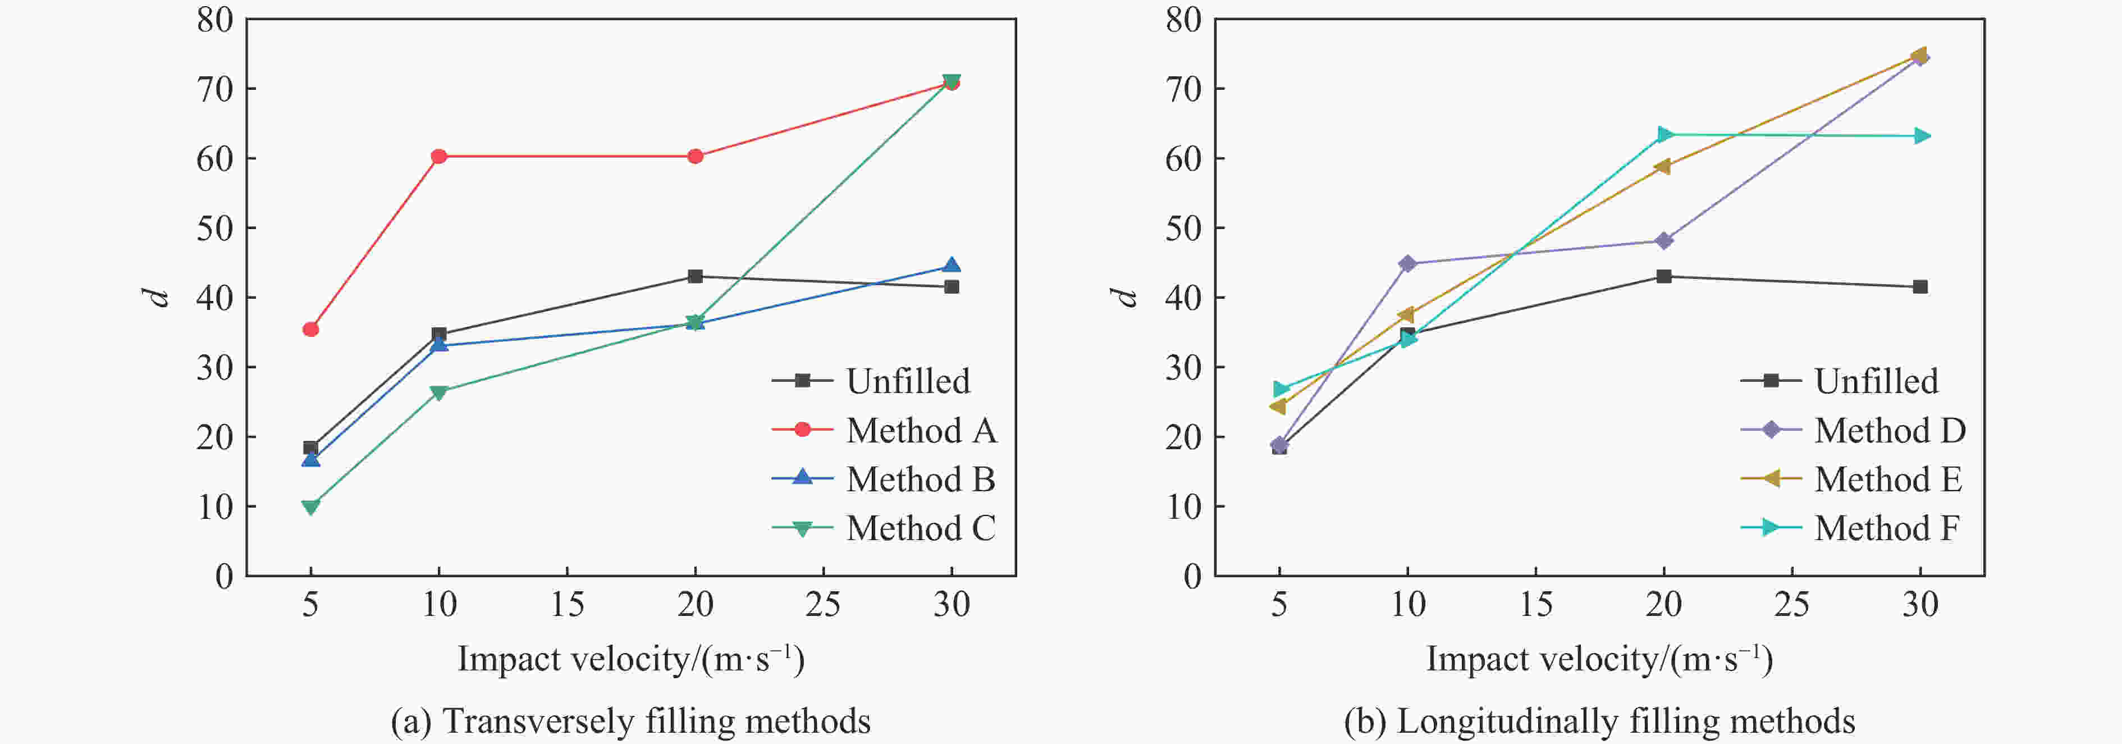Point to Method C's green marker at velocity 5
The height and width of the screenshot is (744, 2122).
click(x=310, y=506)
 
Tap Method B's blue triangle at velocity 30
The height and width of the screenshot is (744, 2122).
click(x=952, y=265)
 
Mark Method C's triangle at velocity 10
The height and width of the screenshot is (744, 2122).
click(x=439, y=392)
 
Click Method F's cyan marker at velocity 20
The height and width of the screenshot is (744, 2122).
click(x=1664, y=134)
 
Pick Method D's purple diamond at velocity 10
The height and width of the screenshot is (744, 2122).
click(x=1408, y=264)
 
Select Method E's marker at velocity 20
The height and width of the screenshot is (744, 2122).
click(x=1663, y=166)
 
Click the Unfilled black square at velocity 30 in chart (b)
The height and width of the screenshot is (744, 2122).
click(x=1920, y=287)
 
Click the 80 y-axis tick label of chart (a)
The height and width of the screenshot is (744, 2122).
click(x=215, y=20)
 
